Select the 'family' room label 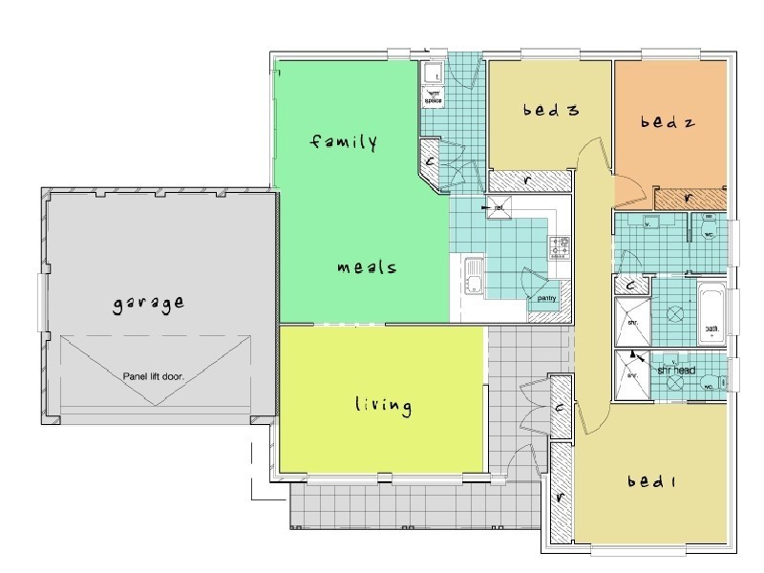pyautogui.click(x=345, y=143)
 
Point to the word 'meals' pyautogui.click(x=367, y=268)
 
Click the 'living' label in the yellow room pyautogui.click(x=382, y=406)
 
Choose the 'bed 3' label pyautogui.click(x=550, y=111)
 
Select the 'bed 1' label pyautogui.click(x=651, y=482)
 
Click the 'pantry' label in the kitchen pyautogui.click(x=547, y=298)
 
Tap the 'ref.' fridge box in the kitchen pyautogui.click(x=500, y=206)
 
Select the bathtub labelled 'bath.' pyautogui.click(x=711, y=314)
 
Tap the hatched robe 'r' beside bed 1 pyautogui.click(x=558, y=498)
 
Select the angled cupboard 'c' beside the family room pyautogui.click(x=431, y=160)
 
